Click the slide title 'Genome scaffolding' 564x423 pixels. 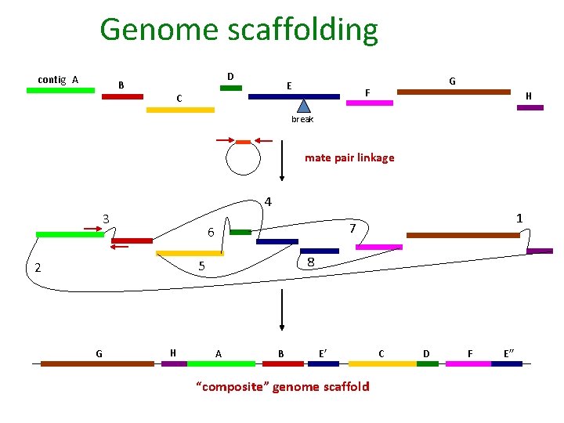(x=239, y=30)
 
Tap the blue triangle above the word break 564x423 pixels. (x=304, y=107)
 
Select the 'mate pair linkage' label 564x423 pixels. (x=349, y=157)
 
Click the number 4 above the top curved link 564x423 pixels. (x=268, y=201)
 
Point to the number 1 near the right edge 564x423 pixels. (x=519, y=219)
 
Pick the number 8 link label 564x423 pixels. (x=311, y=262)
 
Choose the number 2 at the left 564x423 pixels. (x=37, y=268)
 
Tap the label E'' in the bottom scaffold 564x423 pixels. (x=509, y=353)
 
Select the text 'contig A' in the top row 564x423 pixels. (x=58, y=79)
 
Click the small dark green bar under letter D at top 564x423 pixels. (x=231, y=88)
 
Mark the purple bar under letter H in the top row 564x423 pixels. (x=530, y=107)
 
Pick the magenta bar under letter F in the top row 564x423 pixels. (x=369, y=103)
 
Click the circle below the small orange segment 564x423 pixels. (x=244, y=162)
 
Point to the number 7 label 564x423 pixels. (x=353, y=228)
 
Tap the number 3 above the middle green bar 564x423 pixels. (x=106, y=218)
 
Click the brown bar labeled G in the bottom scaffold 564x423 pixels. (x=86, y=363)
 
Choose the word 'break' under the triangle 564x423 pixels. (x=302, y=119)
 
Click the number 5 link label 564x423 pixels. (x=201, y=266)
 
